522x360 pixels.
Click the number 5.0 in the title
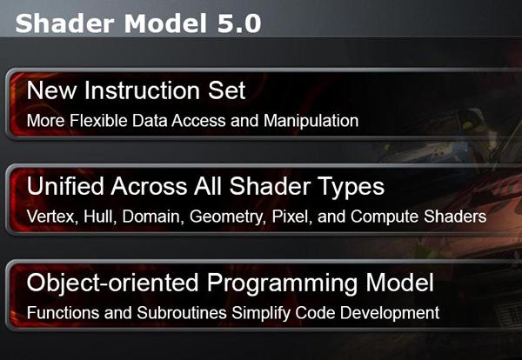(239, 23)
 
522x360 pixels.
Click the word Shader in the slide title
(65, 23)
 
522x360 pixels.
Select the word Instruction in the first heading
(142, 90)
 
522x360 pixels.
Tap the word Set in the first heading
(227, 90)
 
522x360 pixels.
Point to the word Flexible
(98, 120)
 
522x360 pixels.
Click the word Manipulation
(311, 120)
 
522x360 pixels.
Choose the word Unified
(65, 186)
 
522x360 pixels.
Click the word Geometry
(228, 217)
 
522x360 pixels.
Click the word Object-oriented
(112, 283)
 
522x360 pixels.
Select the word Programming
(282, 283)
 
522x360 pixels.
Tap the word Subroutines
(182, 313)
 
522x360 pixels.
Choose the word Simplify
(261, 313)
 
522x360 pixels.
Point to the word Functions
(63, 313)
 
